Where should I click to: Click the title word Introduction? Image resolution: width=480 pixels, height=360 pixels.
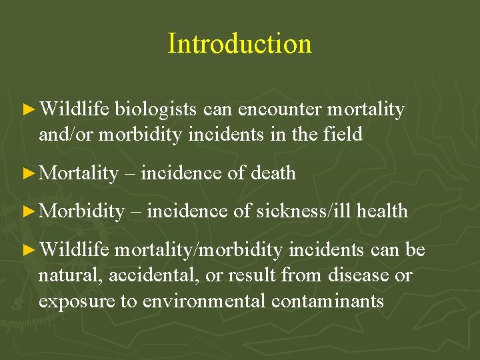click(x=239, y=44)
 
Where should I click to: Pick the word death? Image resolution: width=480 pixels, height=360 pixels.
click(x=273, y=173)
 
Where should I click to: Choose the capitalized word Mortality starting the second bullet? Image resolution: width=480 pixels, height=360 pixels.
click(x=79, y=173)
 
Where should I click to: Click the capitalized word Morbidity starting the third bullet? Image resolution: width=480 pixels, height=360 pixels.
click(x=81, y=211)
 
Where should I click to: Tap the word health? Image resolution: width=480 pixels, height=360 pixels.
click(x=382, y=211)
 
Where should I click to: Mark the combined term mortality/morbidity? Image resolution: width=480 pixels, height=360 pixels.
click(x=198, y=250)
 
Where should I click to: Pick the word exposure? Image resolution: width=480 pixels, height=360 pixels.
click(x=76, y=301)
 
